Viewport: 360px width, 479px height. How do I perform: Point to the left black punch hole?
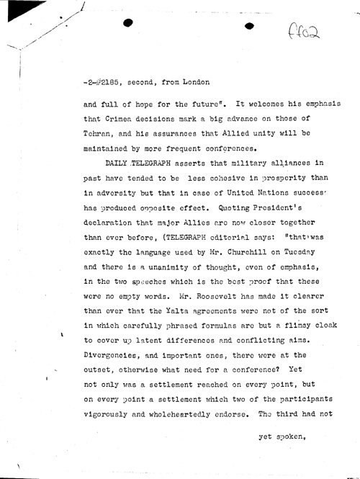coord(130,24)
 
